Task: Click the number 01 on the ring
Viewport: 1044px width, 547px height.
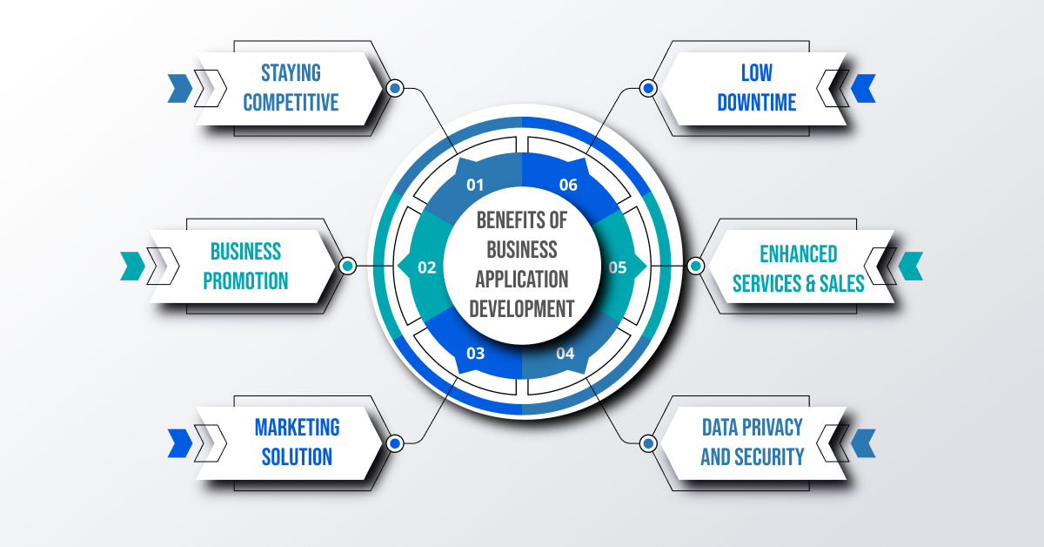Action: click(x=474, y=185)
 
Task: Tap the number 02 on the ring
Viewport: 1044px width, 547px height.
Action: click(x=426, y=267)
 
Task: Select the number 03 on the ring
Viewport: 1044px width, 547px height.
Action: click(x=475, y=353)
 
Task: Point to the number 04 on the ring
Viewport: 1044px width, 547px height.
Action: click(x=565, y=353)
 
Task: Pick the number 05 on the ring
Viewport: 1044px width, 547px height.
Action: click(x=617, y=267)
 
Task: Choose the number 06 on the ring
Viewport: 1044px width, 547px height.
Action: click(x=568, y=185)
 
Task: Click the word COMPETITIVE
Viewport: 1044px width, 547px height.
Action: click(x=291, y=103)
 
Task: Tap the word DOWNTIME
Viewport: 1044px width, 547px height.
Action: click(x=756, y=103)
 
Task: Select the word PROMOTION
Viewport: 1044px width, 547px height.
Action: click(x=245, y=281)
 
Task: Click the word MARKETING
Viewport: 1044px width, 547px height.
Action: click(x=297, y=427)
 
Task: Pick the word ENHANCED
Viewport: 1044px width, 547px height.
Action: click(x=798, y=253)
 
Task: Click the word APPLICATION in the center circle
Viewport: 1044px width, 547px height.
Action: click(x=522, y=279)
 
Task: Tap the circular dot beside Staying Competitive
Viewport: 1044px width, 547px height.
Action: click(x=395, y=88)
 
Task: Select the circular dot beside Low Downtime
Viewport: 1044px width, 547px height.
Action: click(x=647, y=88)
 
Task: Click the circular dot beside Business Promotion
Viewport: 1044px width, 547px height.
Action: click(x=347, y=266)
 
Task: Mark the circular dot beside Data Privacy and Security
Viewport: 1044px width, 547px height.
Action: click(x=647, y=442)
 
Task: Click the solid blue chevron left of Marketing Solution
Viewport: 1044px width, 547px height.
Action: click(x=179, y=442)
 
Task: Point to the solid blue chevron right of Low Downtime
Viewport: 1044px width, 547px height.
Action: click(x=863, y=88)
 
